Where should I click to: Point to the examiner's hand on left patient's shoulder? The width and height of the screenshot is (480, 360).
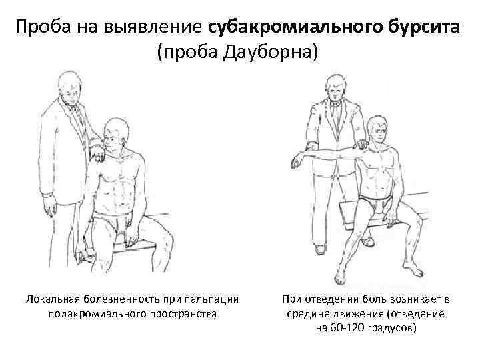97,155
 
